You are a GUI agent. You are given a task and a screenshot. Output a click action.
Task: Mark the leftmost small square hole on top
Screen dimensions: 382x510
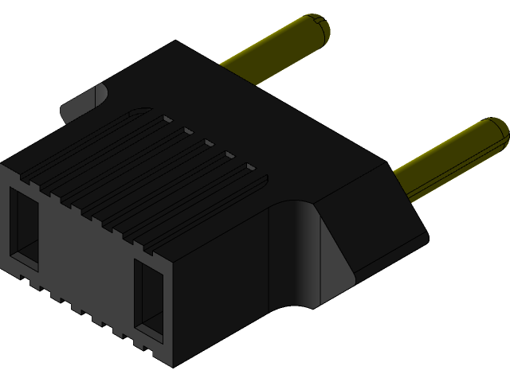[167, 119]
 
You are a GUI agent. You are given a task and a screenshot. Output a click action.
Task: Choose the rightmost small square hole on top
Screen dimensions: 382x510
[251, 168]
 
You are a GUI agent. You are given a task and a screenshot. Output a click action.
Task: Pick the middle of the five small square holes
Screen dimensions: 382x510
[209, 143]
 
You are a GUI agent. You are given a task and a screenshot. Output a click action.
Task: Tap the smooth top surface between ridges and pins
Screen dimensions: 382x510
[263, 119]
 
